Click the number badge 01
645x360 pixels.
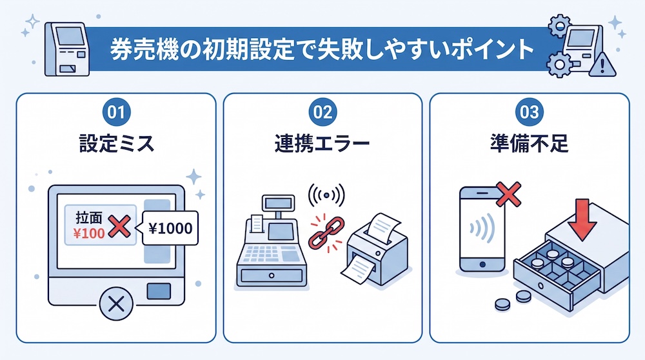[116, 112]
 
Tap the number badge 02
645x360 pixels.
[322, 112]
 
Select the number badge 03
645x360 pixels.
[529, 112]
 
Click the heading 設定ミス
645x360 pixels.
[116, 144]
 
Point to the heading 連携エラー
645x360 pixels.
[322, 144]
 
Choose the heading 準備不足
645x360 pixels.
[529, 144]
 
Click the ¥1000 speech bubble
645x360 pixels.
[170, 228]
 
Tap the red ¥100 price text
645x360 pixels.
[89, 234]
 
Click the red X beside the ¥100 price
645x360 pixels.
[119, 226]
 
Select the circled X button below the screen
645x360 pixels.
[116, 304]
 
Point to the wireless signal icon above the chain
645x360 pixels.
[326, 195]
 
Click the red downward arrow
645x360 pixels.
[582, 220]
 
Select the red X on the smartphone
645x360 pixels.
[509, 194]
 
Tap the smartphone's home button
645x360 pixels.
[482, 265]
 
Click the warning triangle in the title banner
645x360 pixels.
[602, 65]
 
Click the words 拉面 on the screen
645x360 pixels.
[89, 218]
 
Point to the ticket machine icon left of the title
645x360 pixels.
[67, 50]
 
